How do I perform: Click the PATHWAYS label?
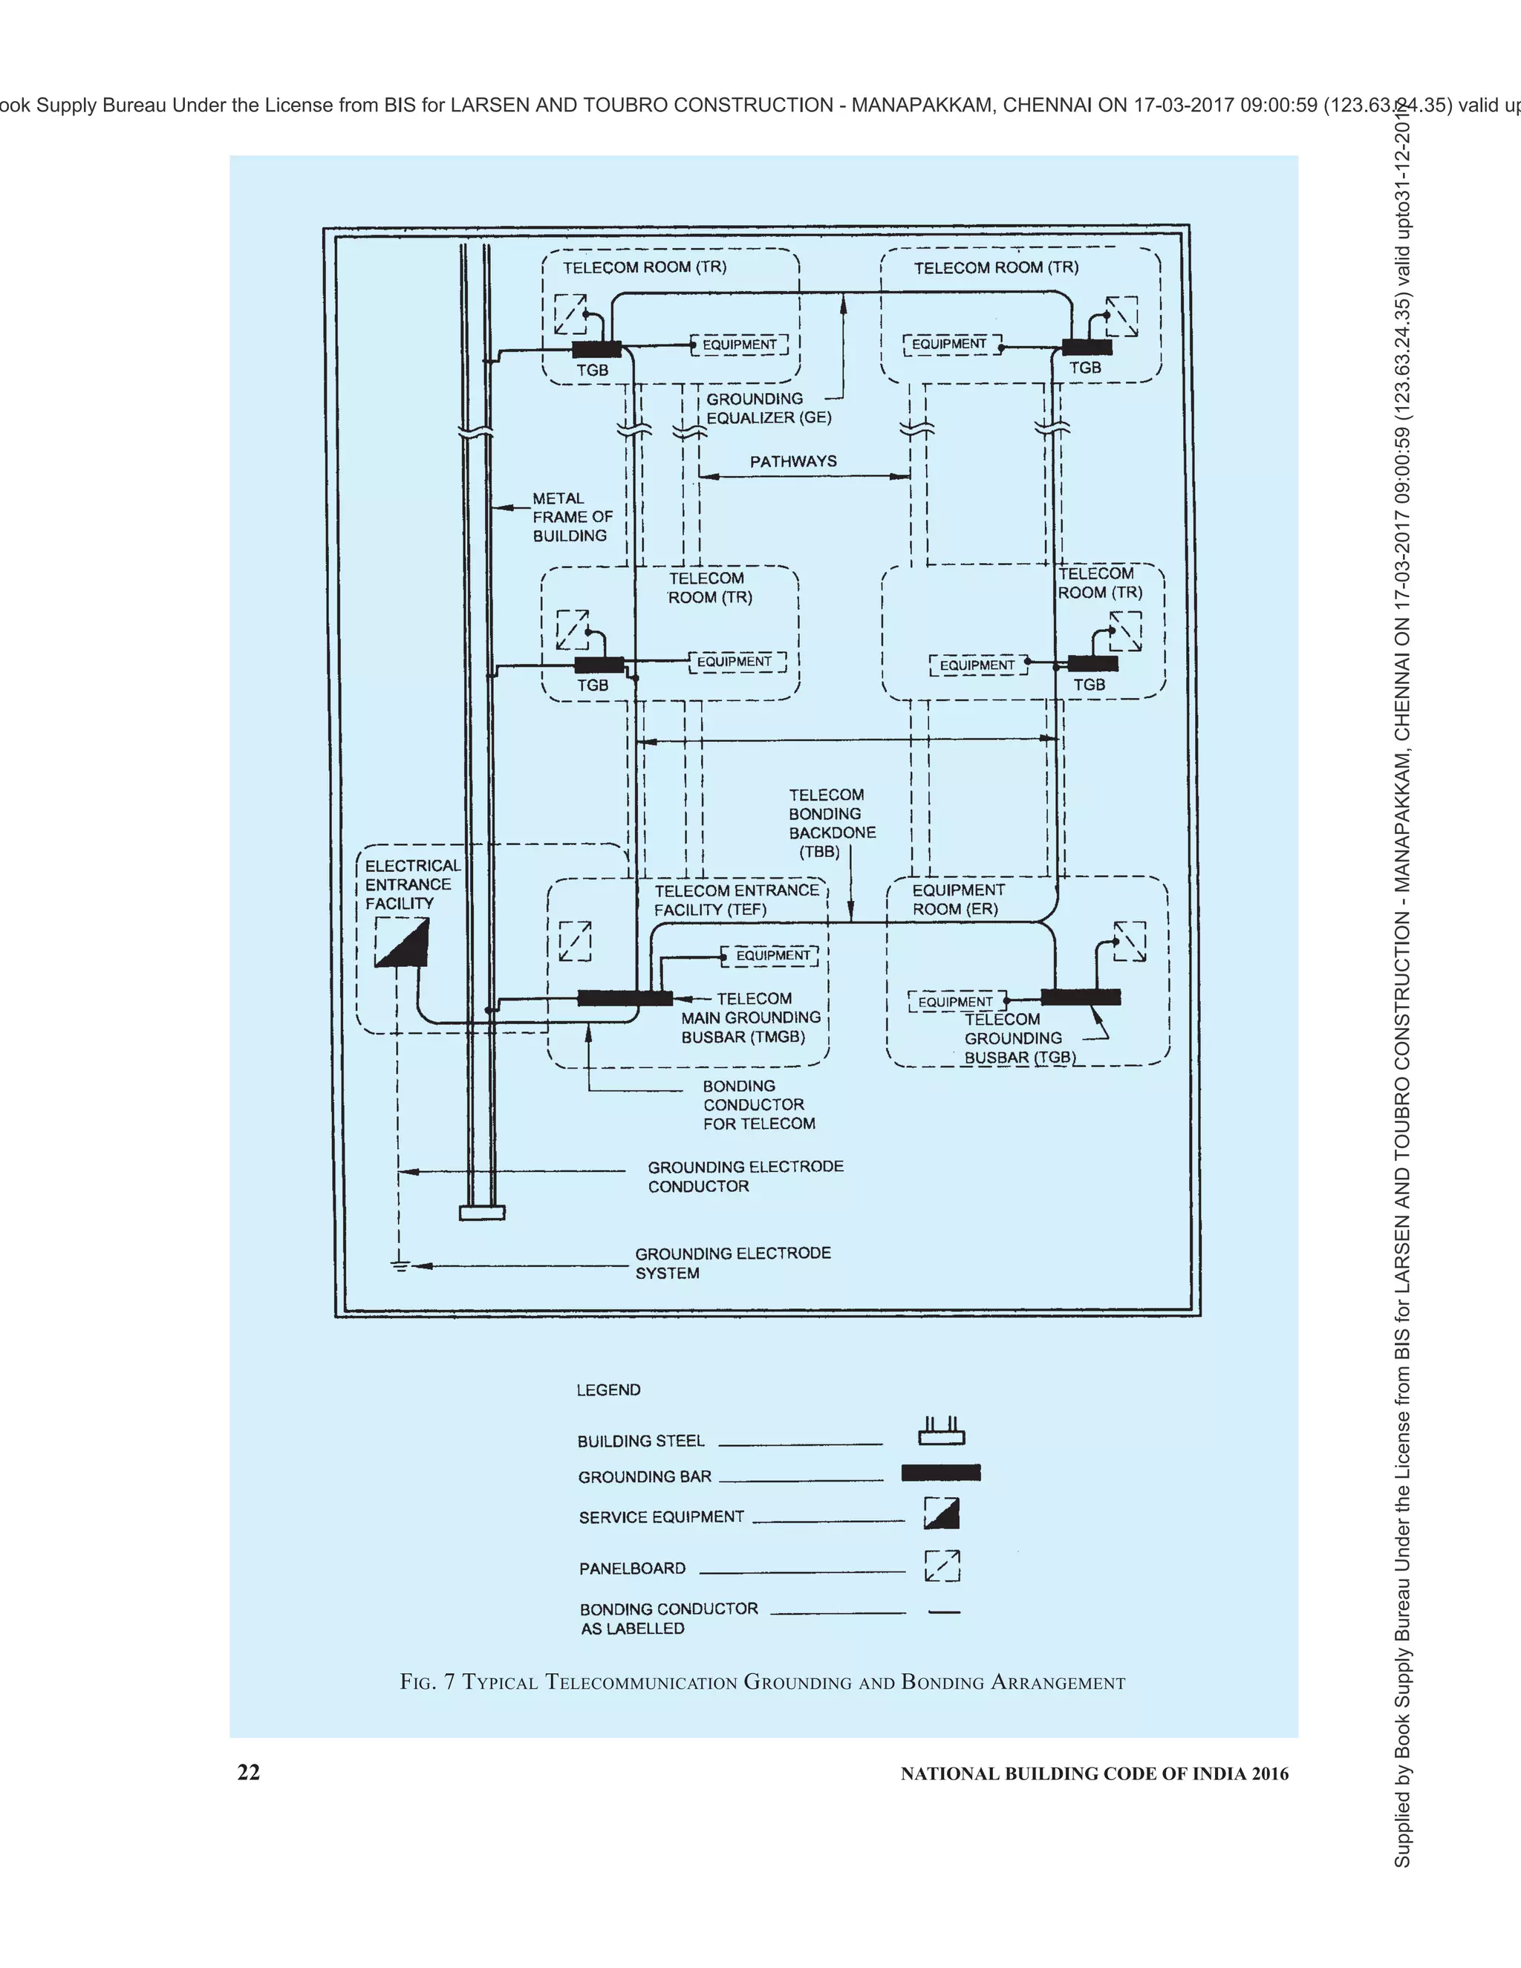(793, 461)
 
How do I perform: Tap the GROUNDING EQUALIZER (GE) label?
(768, 408)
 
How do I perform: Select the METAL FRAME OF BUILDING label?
(571, 517)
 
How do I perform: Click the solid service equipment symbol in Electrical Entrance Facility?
(402, 942)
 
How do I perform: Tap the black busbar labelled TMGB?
(625, 997)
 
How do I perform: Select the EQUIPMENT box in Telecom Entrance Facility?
(772, 955)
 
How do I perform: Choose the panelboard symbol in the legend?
(942, 1567)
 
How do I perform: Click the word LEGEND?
(608, 1390)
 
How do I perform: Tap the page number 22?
(248, 1773)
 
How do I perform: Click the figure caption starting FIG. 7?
(762, 1682)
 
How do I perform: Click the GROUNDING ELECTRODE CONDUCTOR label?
(744, 1176)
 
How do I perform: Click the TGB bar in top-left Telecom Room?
(596, 350)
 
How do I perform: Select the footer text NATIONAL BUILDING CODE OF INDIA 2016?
(1094, 1774)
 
